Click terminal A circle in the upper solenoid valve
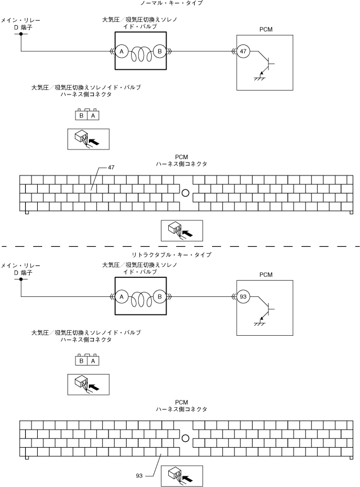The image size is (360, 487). click(121, 51)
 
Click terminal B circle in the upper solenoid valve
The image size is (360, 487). click(160, 51)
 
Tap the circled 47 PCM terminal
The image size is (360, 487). click(243, 51)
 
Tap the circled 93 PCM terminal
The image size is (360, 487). click(243, 296)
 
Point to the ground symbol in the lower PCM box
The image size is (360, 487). click(259, 324)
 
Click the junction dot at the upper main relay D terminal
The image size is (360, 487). click(21, 34)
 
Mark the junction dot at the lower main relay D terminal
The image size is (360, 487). click(21, 279)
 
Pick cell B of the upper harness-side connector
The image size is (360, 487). click(82, 115)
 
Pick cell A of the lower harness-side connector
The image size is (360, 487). click(93, 360)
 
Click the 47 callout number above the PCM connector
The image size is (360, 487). click(111, 168)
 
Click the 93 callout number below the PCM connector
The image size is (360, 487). click(139, 476)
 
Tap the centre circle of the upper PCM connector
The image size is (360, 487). click(185, 193)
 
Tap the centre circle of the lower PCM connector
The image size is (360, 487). click(185, 438)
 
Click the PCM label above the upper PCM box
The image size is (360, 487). click(266, 29)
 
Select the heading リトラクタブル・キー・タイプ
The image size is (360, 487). click(172, 255)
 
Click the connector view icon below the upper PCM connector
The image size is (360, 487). click(182, 231)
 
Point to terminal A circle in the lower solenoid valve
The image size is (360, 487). click(121, 296)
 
